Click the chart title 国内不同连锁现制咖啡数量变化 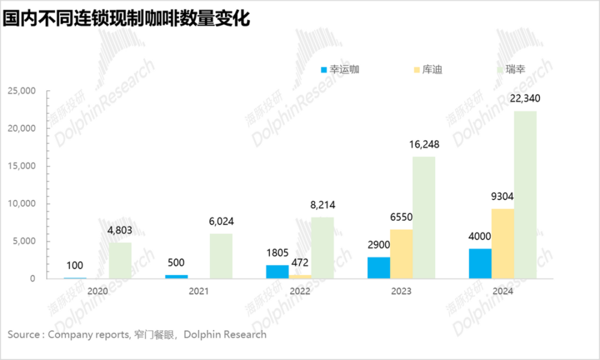click(125, 17)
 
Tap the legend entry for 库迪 click(428, 70)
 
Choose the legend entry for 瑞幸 click(515, 70)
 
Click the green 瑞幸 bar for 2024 click(525, 194)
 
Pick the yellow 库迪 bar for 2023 click(401, 253)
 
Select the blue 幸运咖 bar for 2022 click(277, 271)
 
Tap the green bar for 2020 click(120, 260)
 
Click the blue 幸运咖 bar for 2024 click(480, 263)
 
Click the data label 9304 click(502, 196)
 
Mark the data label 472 click(300, 262)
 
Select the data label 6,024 click(221, 221)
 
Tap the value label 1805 click(277, 253)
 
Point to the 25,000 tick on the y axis click(22, 91)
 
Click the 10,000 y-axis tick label click(22, 203)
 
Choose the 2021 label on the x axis click(199, 291)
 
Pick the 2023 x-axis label click(401, 291)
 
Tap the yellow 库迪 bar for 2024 click(502, 243)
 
